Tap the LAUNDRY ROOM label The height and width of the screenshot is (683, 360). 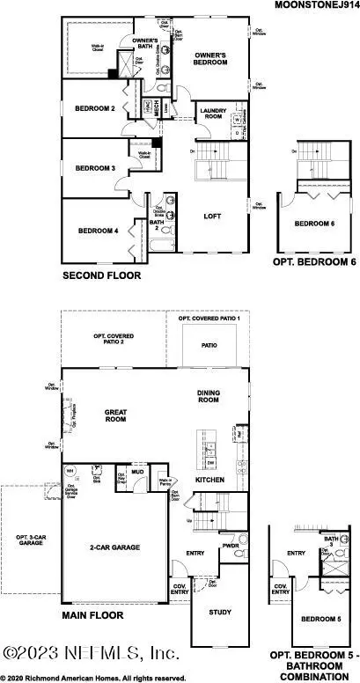pyautogui.click(x=214, y=113)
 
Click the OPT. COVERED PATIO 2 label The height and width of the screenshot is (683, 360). pyautogui.click(x=115, y=339)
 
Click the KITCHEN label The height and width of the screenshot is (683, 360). pyautogui.click(x=209, y=480)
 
